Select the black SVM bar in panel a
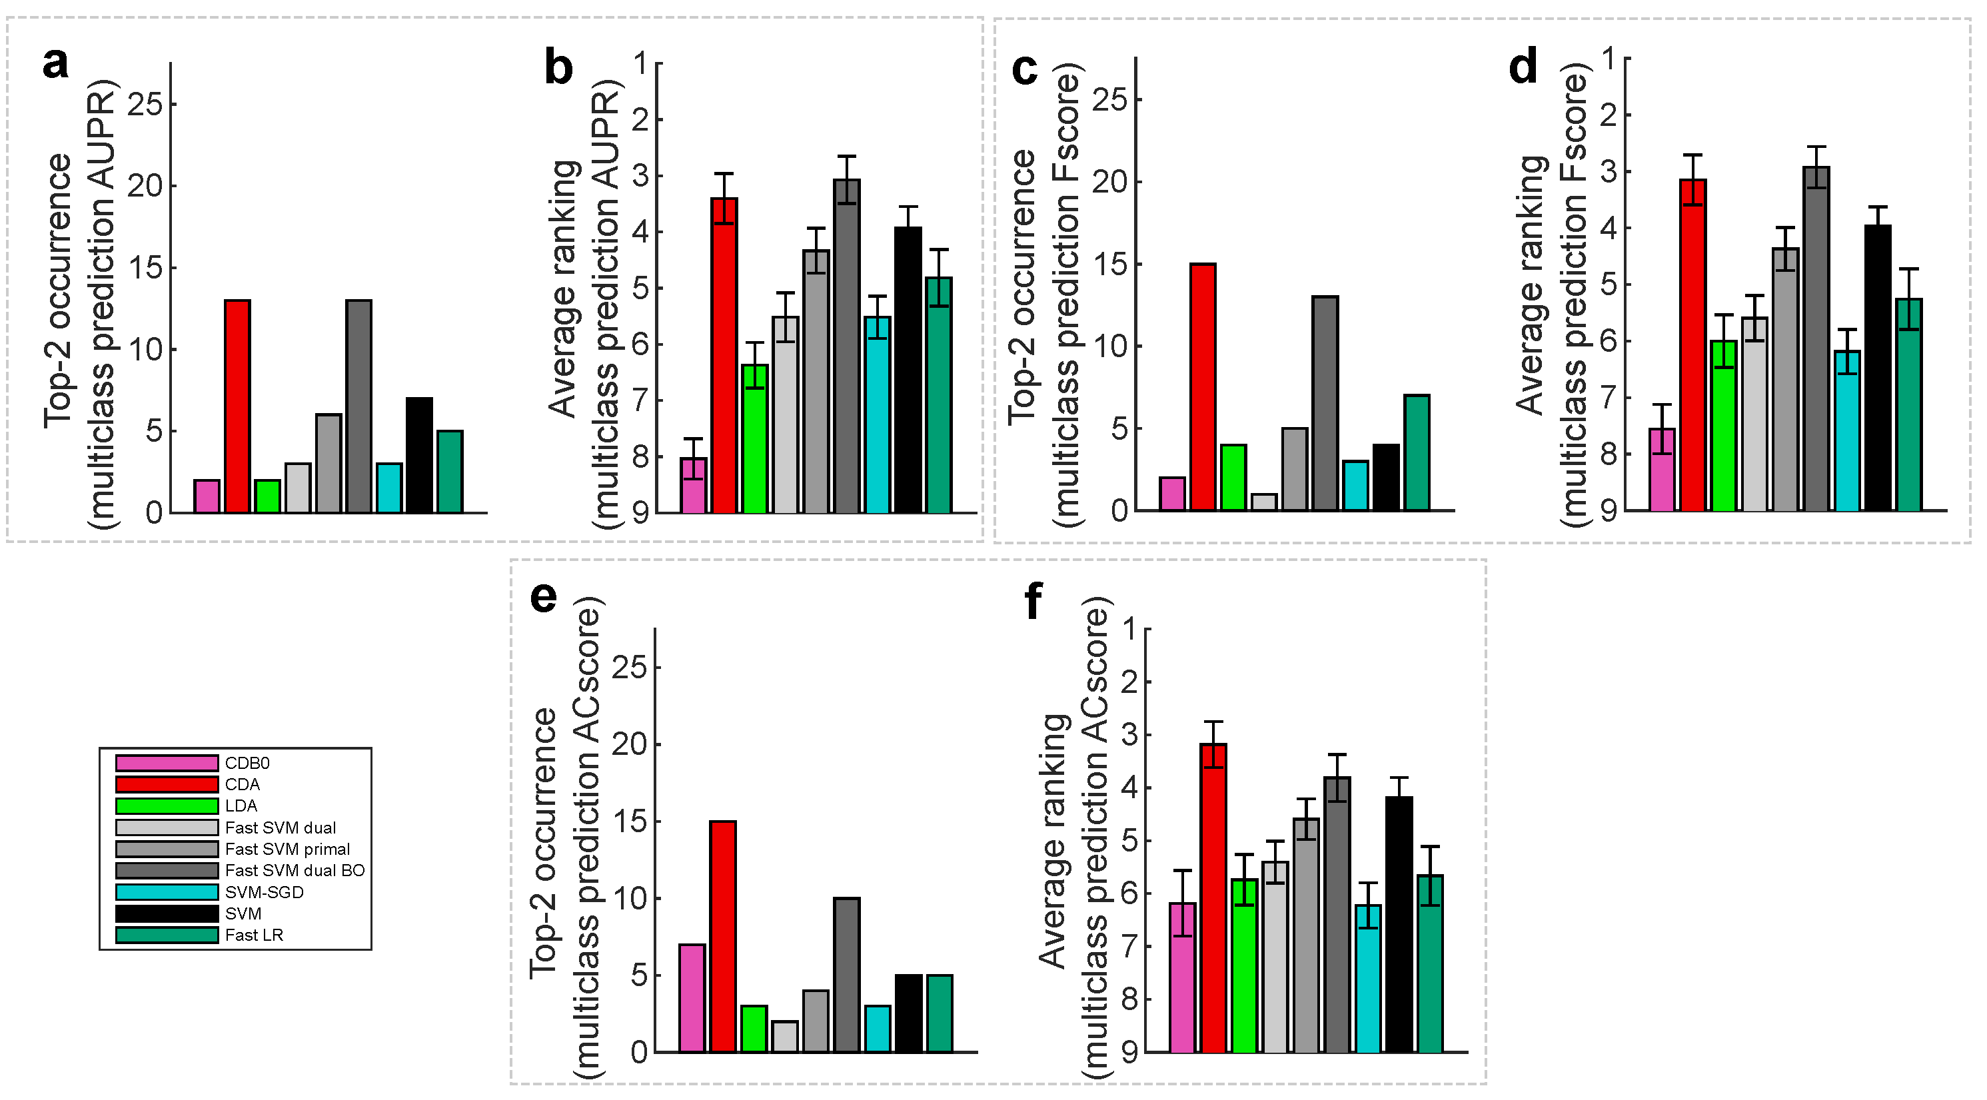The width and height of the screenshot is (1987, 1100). tap(420, 455)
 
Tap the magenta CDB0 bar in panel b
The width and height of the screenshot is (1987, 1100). tap(694, 485)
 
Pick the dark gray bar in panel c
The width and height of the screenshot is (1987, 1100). tap(1325, 402)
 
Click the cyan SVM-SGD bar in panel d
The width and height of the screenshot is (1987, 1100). tap(1847, 430)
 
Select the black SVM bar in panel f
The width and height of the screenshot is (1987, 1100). tap(1399, 924)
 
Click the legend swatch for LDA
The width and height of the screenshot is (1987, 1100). tap(167, 806)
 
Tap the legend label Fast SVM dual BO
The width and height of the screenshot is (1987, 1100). tap(295, 871)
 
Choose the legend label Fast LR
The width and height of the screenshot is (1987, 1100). tap(254, 935)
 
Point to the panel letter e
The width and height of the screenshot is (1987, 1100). tap(544, 598)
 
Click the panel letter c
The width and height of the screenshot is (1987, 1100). tap(1024, 69)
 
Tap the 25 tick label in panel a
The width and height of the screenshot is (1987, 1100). tap(146, 104)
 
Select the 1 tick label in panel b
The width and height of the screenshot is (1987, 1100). tap(641, 63)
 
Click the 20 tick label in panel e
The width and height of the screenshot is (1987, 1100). tap(630, 744)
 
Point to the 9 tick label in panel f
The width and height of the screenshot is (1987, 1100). tap(1130, 1052)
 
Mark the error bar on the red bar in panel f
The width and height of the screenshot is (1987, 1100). tap(1214, 744)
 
